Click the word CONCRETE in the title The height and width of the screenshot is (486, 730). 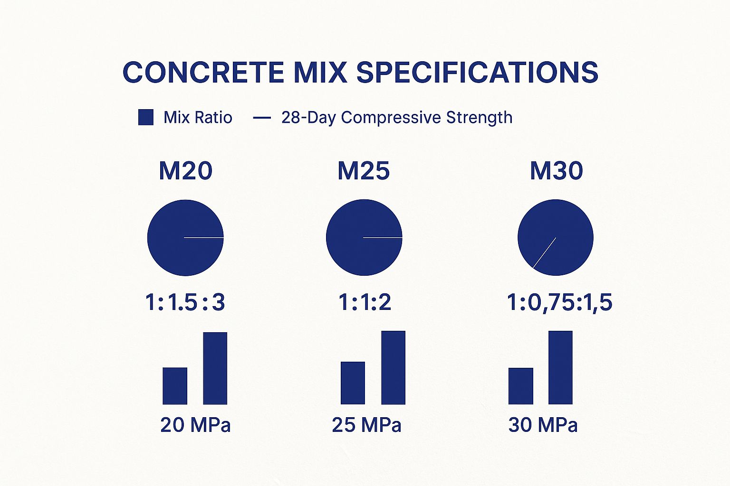203,73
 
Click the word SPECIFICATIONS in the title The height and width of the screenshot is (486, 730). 477,73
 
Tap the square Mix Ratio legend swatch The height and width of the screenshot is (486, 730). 146,117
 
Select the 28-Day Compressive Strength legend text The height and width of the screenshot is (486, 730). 397,117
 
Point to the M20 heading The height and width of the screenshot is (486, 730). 185,171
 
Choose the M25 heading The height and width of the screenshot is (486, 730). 364,171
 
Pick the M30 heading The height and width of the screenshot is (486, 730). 556,171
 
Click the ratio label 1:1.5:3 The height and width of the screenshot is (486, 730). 185,302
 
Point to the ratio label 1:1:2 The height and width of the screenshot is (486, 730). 365,302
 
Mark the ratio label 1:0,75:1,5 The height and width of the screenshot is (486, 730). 559,302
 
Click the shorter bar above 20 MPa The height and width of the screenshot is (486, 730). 175,386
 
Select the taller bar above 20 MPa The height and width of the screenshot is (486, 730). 215,368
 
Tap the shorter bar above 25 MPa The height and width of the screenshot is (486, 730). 353,383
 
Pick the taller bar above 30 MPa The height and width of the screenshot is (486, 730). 560,367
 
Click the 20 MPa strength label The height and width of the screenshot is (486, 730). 195,425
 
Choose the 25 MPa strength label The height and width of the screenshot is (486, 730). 366,425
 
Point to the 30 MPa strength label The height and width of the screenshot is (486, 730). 543,425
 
